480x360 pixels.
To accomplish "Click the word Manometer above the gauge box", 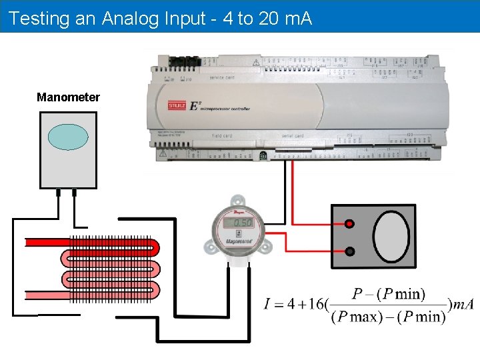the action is (68, 97).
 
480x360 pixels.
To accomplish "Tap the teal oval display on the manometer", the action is (68, 137).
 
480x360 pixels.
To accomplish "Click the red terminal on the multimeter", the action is (349, 225).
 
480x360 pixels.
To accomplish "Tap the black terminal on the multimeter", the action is (349, 251).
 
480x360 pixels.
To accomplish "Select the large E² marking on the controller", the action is (195, 106).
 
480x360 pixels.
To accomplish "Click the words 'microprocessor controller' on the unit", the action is (227, 109).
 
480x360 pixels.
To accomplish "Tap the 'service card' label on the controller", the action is (222, 77).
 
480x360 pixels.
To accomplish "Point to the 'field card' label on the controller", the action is (221, 136).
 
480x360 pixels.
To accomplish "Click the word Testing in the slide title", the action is (40, 18).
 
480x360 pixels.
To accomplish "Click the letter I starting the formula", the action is (267, 305).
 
